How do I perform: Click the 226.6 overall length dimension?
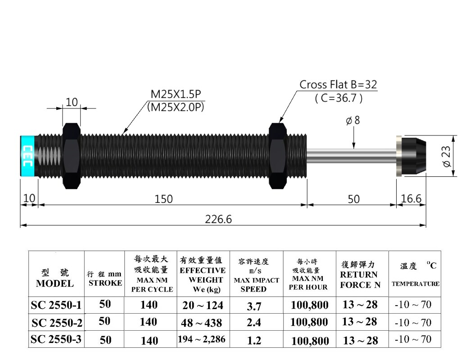pos(218,219)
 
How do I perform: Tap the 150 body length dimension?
pos(163,199)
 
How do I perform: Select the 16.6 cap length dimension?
pos(411,198)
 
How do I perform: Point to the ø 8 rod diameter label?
pos(353,121)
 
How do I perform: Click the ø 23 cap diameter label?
pos(447,155)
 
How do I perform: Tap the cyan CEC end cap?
pos(27,155)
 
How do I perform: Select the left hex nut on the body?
pos(72,155)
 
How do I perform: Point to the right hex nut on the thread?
pos(278,155)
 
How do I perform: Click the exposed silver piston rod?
pos(351,155)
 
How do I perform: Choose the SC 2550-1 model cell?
pos(56,305)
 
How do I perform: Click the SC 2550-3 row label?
pos(56,339)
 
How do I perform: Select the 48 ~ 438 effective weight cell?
pos(203,323)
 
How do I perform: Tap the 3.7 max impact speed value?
pos(254,306)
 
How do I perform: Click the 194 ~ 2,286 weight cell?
pos(203,339)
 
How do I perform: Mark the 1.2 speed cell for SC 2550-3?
pos(254,341)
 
